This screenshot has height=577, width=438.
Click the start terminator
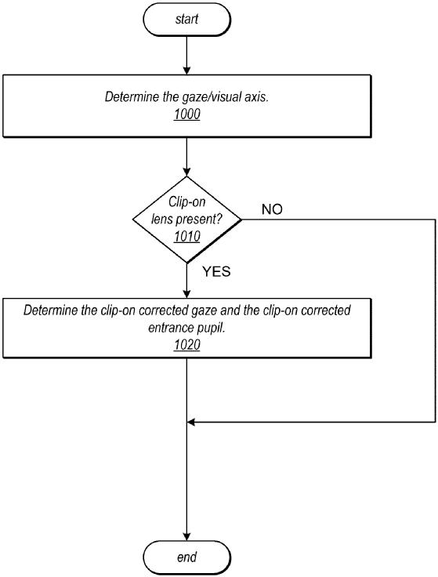click(186, 18)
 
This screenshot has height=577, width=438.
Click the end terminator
click(186, 557)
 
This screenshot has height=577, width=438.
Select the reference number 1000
click(186, 113)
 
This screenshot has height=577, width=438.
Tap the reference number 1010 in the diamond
click(186, 237)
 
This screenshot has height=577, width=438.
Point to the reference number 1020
click(186, 343)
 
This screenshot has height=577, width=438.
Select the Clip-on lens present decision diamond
click(186, 220)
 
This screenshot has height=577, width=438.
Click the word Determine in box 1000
click(130, 97)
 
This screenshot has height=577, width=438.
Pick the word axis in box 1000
click(255, 97)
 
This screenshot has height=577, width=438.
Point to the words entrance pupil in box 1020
click(186, 326)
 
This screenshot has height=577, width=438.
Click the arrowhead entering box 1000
click(186, 71)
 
